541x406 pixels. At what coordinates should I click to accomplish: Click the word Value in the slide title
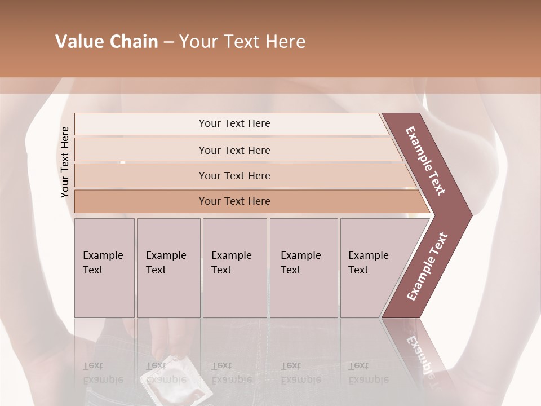pyautogui.click(x=77, y=42)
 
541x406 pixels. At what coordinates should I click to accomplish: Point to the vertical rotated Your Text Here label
pyautogui.click(x=65, y=162)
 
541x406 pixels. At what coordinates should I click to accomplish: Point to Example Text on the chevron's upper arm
pyautogui.click(x=425, y=161)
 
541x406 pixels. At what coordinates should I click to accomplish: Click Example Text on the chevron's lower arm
pyautogui.click(x=427, y=267)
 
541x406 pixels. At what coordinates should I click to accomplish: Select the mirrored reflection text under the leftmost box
pyautogui.click(x=103, y=373)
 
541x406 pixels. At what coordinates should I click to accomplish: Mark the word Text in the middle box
pyautogui.click(x=221, y=270)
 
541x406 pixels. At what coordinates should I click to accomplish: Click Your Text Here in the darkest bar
pyautogui.click(x=234, y=201)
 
